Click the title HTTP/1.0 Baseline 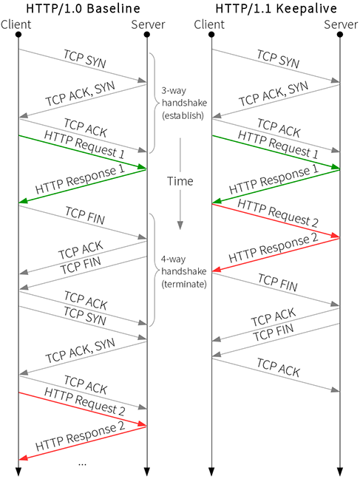pos(83,8)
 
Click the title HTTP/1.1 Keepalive pos(276,8)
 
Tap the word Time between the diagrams pos(180,181)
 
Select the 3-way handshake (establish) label pos(184,103)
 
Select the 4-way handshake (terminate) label pos(184,271)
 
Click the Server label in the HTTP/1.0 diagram pos(148,24)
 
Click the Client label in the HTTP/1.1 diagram pos(209,24)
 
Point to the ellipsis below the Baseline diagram pos(82,464)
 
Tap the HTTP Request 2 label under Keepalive pos(278,213)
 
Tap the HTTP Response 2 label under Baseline pos(80,437)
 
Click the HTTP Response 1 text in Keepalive pos(274,180)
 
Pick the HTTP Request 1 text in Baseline pos(84,144)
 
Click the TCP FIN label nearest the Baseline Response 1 pos(85,216)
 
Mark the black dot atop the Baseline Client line pos(18,35)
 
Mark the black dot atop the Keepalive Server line pos(339,35)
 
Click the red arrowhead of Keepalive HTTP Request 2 pos(336,236)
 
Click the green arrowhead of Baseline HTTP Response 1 pos(23,201)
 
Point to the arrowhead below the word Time pos(180,225)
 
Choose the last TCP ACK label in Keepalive pos(278,368)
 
